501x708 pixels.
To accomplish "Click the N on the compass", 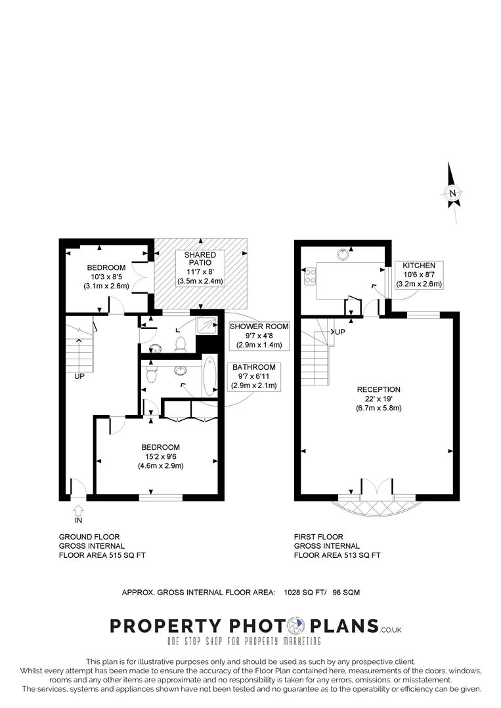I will click(x=452, y=193).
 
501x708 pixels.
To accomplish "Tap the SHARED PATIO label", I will click(x=200, y=259).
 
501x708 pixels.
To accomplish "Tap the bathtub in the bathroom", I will click(x=209, y=377).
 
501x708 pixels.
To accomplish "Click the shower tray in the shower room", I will click(x=209, y=324).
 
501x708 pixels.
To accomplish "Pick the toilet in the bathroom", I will click(x=152, y=374).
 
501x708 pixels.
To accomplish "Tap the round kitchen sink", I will click(x=343, y=254).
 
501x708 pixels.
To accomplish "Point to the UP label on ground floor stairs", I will click(x=79, y=377).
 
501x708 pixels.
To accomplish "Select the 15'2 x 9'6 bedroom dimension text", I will click(x=160, y=457).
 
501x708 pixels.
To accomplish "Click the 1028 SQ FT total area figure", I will click(x=306, y=592).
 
